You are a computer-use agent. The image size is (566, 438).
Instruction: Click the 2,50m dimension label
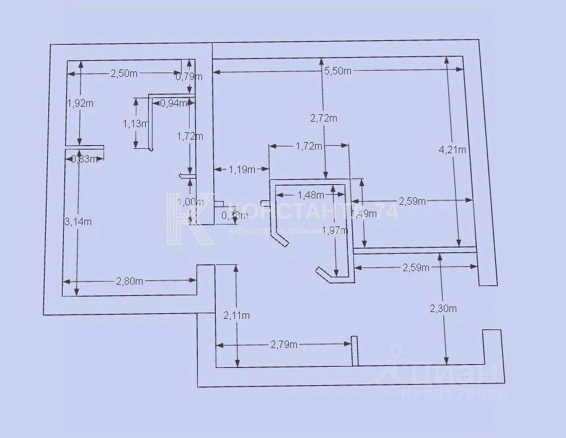[123, 74]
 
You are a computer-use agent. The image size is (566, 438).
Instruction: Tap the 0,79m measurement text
[189, 77]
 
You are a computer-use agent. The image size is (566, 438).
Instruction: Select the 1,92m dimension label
[79, 103]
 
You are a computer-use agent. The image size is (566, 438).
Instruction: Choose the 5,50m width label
[338, 71]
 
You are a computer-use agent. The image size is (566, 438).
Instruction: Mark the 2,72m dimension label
[324, 118]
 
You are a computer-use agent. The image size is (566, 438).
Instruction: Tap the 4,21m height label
[452, 149]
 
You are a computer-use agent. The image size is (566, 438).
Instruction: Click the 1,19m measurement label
[242, 168]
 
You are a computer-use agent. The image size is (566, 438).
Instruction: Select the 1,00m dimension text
[190, 202]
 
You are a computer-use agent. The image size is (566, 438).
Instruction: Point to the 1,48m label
[311, 195]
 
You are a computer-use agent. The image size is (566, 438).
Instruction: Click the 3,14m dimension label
[79, 221]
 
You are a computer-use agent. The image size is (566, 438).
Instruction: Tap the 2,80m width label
[130, 281]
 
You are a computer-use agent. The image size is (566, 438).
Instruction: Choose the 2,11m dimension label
[237, 315]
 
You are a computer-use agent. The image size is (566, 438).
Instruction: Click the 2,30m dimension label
[444, 308]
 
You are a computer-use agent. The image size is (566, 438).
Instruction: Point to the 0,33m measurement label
[234, 216]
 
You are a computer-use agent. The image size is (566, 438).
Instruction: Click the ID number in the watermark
[455, 394]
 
